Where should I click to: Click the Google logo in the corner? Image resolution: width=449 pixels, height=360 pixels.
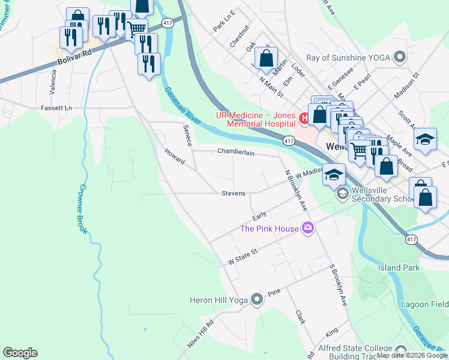(20, 353)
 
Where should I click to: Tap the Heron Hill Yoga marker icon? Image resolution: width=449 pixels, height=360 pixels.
(257, 299)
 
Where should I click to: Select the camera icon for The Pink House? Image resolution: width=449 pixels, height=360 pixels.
(308, 228)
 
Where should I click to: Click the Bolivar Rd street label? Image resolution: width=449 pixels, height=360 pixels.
(74, 57)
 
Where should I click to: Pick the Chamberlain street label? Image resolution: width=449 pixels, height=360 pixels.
(236, 152)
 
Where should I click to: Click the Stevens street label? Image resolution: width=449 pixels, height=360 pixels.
(233, 193)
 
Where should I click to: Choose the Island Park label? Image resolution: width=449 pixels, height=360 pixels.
(399, 268)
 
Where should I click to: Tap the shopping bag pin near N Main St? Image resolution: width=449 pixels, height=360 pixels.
(266, 59)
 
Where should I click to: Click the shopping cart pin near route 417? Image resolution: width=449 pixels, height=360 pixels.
(137, 28)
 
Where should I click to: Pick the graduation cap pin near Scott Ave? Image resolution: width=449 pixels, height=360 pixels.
(425, 139)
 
